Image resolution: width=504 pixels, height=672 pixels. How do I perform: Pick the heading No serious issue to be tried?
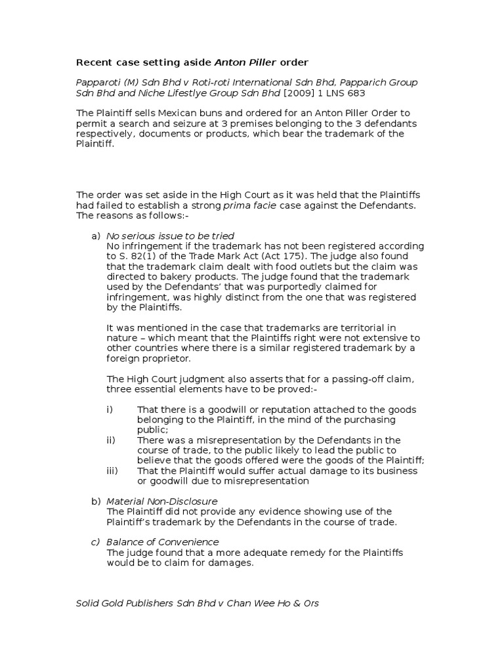(x=170, y=236)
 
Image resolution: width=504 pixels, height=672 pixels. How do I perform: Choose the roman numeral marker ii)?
(x=111, y=440)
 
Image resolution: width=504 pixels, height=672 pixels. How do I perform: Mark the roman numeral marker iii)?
(x=112, y=471)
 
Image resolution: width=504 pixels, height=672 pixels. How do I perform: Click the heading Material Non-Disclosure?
(x=161, y=501)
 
